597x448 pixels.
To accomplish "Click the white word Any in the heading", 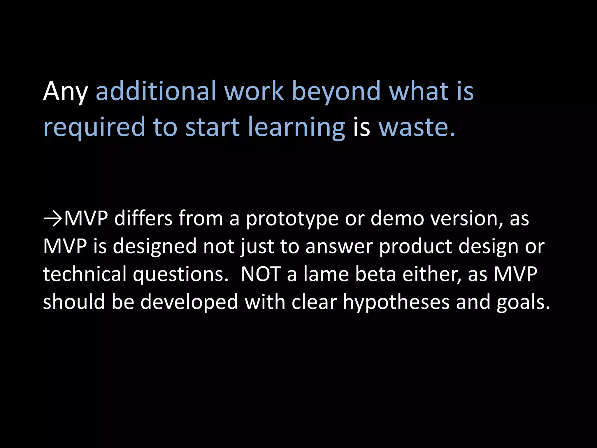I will (65, 92).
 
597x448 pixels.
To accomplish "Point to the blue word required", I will (94, 127).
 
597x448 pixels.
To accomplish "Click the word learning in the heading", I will (296, 127).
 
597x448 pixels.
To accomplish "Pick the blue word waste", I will (416, 127).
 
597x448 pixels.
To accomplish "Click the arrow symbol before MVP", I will (53, 218).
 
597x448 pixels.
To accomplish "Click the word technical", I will (85, 274).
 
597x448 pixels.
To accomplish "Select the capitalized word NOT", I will (261, 274).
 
